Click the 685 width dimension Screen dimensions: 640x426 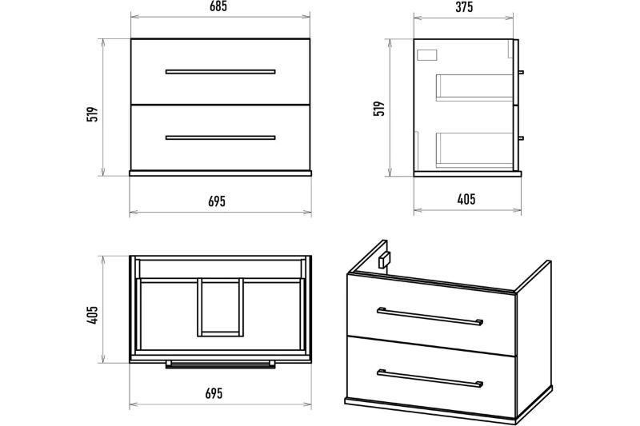pos(218,6)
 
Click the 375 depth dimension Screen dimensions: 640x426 pos(464,7)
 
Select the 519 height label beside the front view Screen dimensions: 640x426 pos(93,114)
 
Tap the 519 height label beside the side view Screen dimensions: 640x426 pos(379,109)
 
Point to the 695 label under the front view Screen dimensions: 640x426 pos(217,201)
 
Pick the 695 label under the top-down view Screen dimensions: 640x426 pos(214,393)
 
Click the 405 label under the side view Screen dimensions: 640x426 pos(466,199)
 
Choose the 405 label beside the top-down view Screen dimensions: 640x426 pos(93,315)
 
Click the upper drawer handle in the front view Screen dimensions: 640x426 pos(221,72)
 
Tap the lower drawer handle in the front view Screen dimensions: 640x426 pos(221,137)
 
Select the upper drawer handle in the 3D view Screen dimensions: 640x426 pos(430,317)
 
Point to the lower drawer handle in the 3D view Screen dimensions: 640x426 pos(430,378)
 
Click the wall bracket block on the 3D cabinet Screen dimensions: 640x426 pos(384,260)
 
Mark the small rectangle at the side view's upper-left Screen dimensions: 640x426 pos(427,55)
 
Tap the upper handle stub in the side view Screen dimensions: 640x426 pos(521,72)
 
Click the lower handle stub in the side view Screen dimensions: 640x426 pos(521,138)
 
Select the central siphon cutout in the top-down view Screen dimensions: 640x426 pos(221,308)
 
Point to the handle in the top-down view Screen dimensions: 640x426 pos(221,364)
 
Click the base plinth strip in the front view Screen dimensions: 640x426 pos(221,173)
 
